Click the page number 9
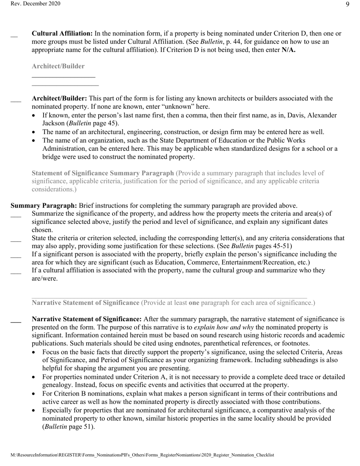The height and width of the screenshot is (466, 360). (x=347, y=4)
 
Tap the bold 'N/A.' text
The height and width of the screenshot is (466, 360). (x=288, y=50)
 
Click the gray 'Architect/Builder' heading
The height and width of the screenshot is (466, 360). (x=58, y=66)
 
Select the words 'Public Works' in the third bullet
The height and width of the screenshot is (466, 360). (x=318, y=140)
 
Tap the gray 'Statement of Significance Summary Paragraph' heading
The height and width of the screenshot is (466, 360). (x=103, y=173)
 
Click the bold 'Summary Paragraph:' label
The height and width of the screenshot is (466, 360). (x=44, y=206)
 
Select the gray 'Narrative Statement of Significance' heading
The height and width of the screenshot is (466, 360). (x=85, y=303)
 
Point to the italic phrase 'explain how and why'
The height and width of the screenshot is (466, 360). (x=224, y=327)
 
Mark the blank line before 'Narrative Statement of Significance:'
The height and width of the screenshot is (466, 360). (x=16, y=321)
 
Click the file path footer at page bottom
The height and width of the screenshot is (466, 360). (x=142, y=455)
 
